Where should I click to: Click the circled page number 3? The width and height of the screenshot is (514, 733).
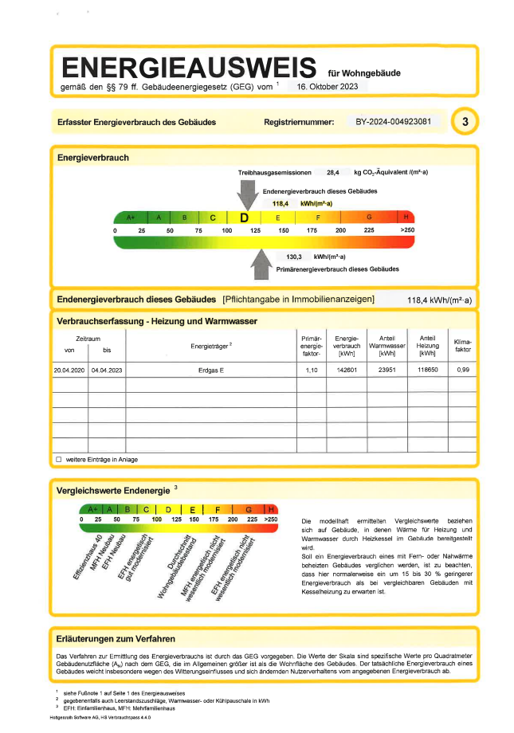click(465, 122)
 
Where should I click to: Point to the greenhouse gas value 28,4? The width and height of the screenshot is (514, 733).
click(333, 172)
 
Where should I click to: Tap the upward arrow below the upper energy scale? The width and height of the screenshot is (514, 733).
click(261, 264)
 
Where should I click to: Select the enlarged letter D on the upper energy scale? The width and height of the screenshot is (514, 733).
click(245, 218)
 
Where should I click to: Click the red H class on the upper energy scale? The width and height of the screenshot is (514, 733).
click(407, 218)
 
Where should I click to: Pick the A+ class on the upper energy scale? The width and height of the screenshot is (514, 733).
click(131, 218)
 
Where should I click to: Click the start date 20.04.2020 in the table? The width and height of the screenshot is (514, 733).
click(69, 370)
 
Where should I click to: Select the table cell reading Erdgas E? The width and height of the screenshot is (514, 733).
click(211, 370)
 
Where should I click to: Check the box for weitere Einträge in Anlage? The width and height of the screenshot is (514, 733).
click(58, 460)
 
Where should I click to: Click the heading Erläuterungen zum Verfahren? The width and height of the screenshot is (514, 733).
click(116, 639)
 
